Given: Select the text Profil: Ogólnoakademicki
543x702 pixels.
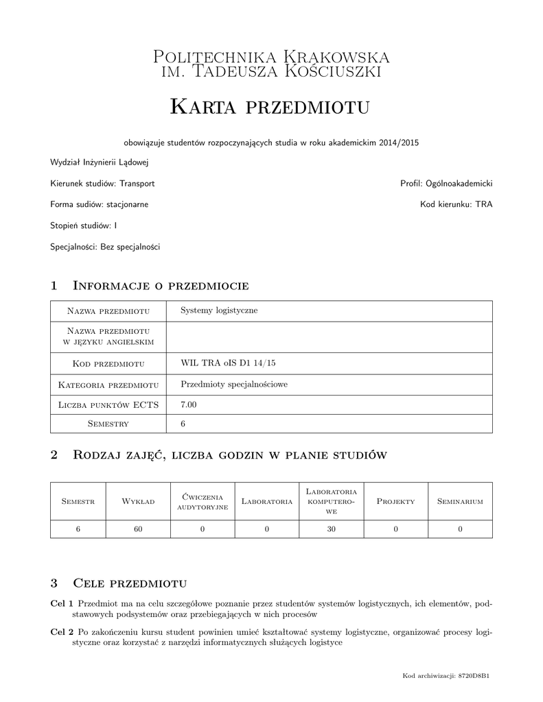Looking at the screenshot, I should [x=446, y=184].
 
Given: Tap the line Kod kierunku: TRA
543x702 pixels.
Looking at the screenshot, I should [x=456, y=204].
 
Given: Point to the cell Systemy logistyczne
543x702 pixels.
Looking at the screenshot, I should [x=219, y=311].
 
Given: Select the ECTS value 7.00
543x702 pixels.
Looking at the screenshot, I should [x=189, y=405].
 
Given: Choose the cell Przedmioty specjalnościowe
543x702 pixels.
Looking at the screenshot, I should [x=233, y=384].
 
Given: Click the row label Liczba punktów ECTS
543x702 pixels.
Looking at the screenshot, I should [x=108, y=405].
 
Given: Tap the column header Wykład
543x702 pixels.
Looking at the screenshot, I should [x=138, y=502].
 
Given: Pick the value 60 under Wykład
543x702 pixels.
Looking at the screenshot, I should [x=138, y=529].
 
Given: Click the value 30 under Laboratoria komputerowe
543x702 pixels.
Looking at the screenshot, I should [x=331, y=529].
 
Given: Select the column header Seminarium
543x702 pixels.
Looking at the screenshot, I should [x=460, y=502].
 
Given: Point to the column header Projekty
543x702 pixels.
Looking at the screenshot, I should [x=396, y=502].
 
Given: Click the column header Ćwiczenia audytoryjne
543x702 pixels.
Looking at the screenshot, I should [x=203, y=501].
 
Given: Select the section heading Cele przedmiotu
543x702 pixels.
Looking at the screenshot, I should [x=130, y=583].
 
